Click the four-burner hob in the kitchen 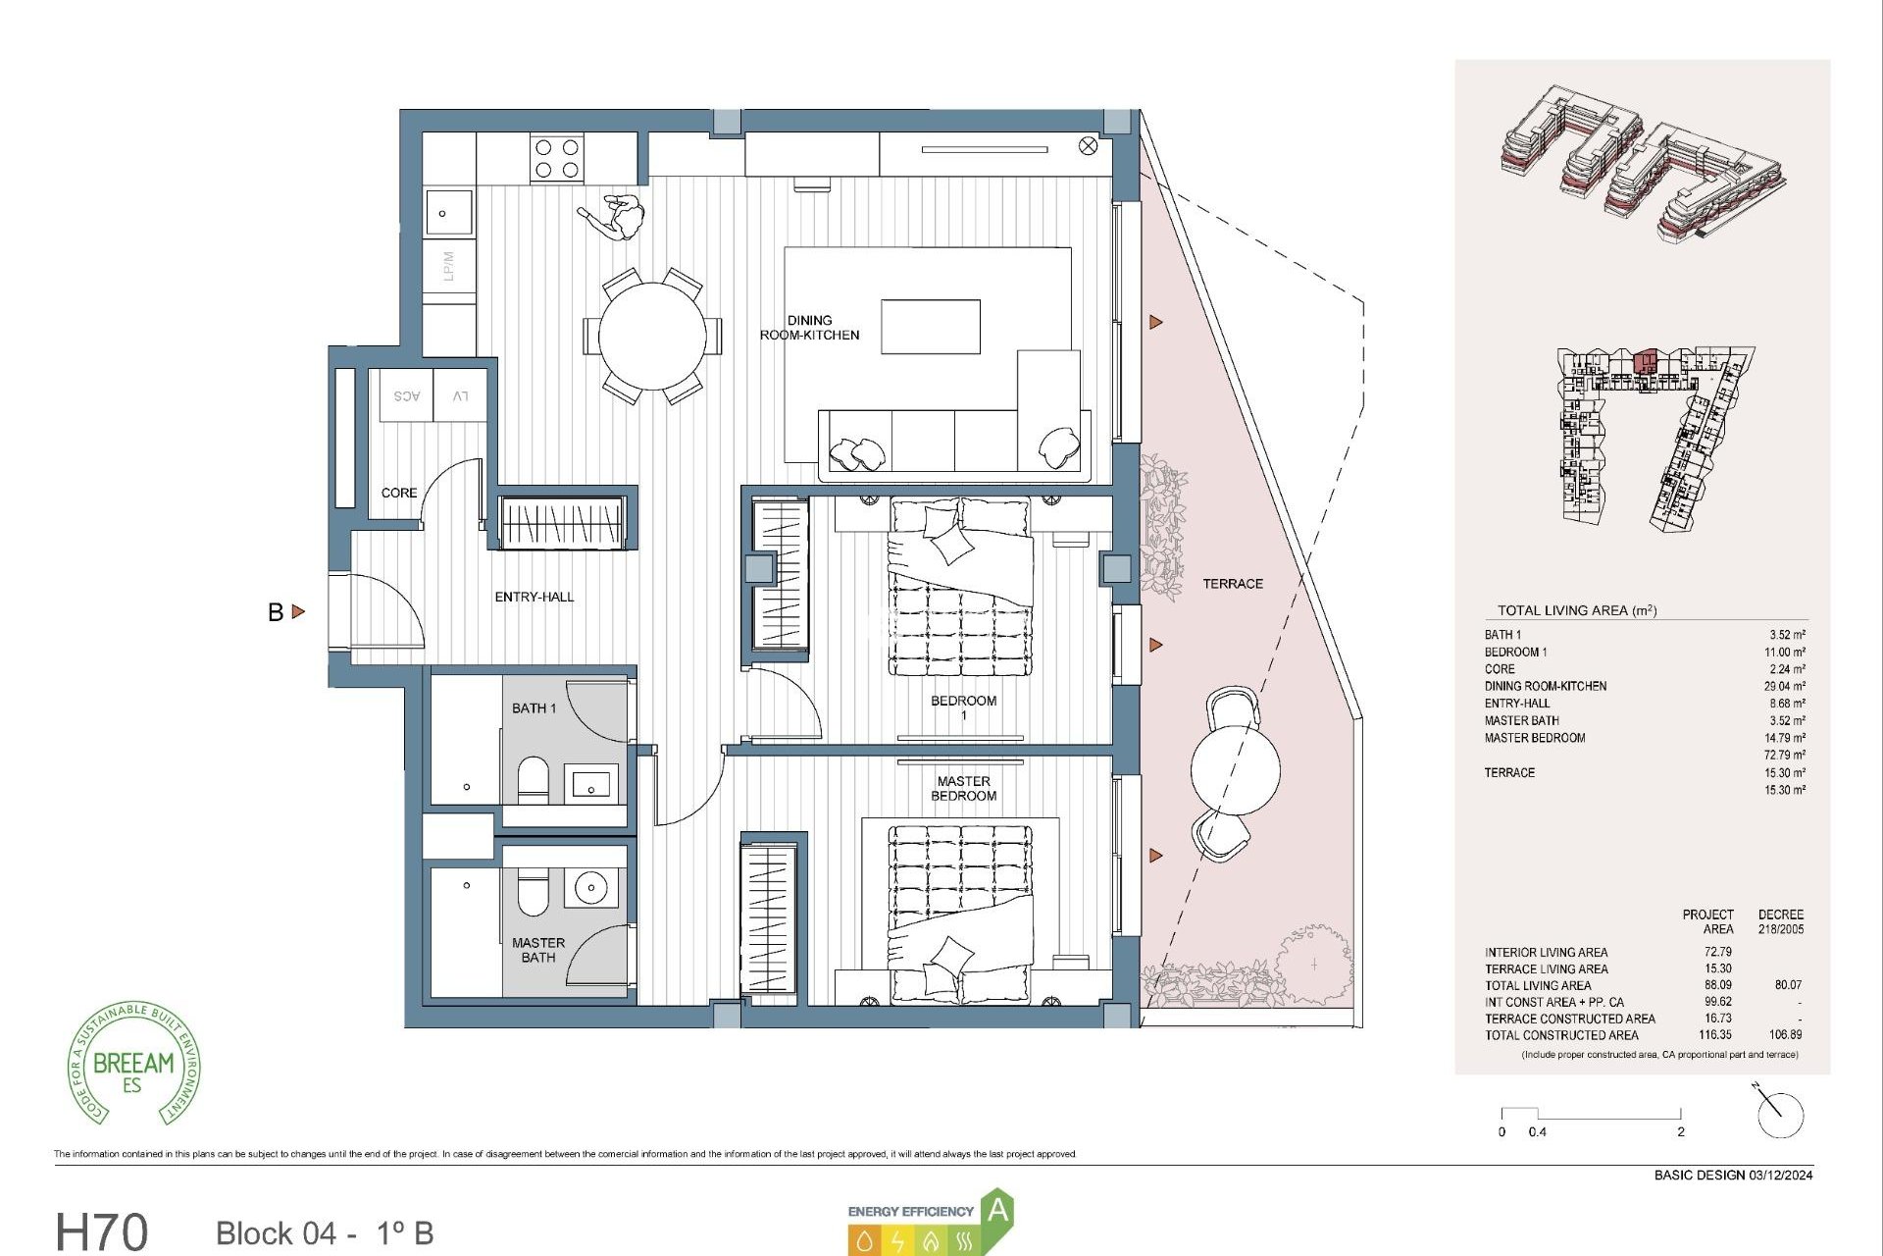click(556, 159)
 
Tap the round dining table click(652, 336)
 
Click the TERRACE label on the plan click(1233, 584)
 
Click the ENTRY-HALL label click(534, 597)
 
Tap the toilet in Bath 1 click(533, 778)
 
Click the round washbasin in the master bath click(591, 888)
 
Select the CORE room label click(399, 493)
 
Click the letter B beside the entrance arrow click(276, 612)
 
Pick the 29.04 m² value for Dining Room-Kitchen click(1784, 686)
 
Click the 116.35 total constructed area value click(1714, 1034)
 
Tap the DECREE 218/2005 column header click(1780, 921)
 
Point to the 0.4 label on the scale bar click(1537, 1131)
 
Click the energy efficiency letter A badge click(997, 1211)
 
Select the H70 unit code click(102, 1231)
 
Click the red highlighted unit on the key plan click(1646, 361)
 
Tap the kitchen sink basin click(448, 213)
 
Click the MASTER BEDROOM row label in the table click(1534, 738)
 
